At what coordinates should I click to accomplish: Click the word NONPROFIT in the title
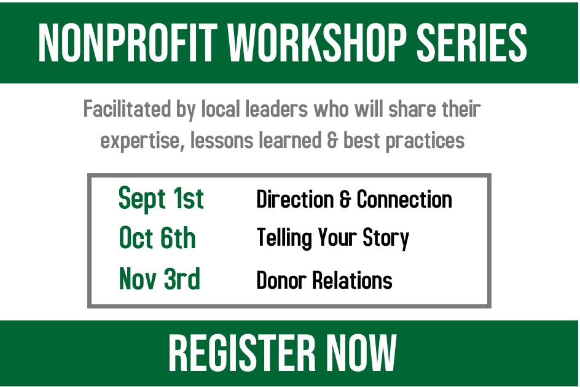(x=128, y=42)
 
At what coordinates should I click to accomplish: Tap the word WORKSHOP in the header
(x=317, y=42)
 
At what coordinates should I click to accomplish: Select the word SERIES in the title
(x=472, y=42)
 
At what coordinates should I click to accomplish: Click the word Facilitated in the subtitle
(x=127, y=109)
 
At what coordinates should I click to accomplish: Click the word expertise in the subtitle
(x=143, y=141)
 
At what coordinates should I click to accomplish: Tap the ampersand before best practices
(x=332, y=141)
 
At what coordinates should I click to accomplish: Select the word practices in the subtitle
(x=425, y=141)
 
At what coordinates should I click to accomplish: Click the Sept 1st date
(x=161, y=198)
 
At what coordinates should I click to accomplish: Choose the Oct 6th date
(x=157, y=238)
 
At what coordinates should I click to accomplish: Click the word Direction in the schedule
(x=295, y=200)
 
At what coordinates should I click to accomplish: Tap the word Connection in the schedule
(x=404, y=200)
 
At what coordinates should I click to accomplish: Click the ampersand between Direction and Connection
(x=345, y=200)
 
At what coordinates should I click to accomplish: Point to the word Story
(x=386, y=238)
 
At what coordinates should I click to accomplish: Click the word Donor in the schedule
(x=281, y=280)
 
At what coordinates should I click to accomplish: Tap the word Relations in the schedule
(x=353, y=280)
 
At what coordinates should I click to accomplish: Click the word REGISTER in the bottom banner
(x=242, y=353)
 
